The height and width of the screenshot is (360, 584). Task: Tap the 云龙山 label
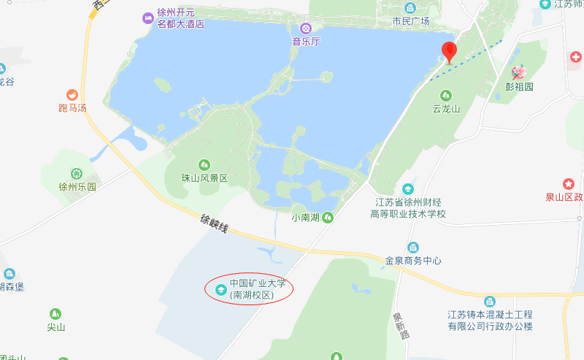pyautogui.click(x=446, y=110)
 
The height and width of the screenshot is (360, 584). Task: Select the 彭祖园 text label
pyautogui.click(x=519, y=86)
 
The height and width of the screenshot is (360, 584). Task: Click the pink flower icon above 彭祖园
pyautogui.click(x=519, y=72)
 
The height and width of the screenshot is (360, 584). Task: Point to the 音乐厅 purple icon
pyautogui.click(x=307, y=28)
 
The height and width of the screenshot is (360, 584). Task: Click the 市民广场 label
pyautogui.click(x=411, y=21)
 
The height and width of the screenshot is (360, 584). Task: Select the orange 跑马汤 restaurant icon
pyautogui.click(x=72, y=94)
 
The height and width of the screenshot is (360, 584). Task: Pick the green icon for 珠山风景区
pyautogui.click(x=205, y=164)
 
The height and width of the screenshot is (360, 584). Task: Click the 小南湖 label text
pyautogui.click(x=307, y=217)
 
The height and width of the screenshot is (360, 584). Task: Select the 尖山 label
pyautogui.click(x=56, y=327)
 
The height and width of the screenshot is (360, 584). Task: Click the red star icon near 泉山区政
pyautogui.click(x=569, y=183)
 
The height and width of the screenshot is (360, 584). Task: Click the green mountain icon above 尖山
pyautogui.click(x=55, y=313)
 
